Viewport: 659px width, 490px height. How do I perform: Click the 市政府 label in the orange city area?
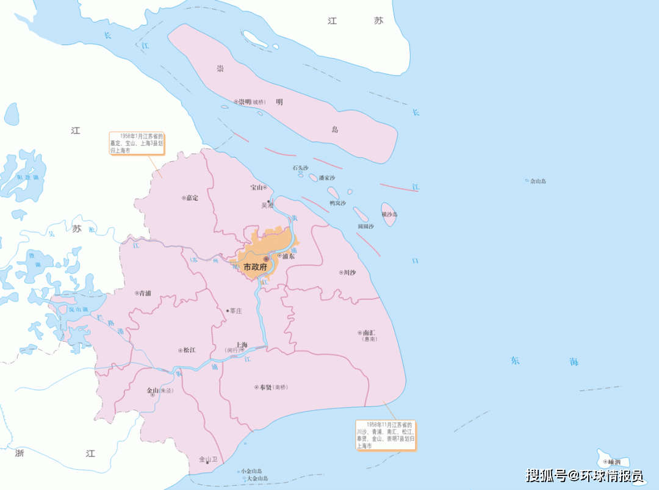[x=255, y=267]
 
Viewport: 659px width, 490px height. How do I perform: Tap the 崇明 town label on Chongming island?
[x=245, y=102]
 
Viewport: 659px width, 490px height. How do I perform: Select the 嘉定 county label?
[x=192, y=198]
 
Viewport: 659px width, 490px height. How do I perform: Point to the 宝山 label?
[x=256, y=187]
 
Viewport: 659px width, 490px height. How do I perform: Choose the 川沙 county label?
[x=349, y=273]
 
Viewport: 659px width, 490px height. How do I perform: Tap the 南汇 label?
[x=369, y=333]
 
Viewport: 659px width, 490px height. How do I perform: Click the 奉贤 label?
[x=264, y=387]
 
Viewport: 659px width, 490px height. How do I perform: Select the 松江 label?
[x=189, y=350]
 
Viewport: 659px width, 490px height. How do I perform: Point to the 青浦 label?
[x=145, y=294]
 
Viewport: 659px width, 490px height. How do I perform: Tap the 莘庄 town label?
[x=236, y=311]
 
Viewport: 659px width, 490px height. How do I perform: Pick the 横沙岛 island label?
[x=389, y=214]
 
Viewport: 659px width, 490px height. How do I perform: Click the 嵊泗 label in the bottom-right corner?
[x=614, y=462]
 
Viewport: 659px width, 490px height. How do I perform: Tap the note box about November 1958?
[x=386, y=435]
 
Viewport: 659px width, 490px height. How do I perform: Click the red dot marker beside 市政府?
[x=266, y=259]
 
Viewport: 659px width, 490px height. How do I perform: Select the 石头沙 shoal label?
[x=300, y=167]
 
